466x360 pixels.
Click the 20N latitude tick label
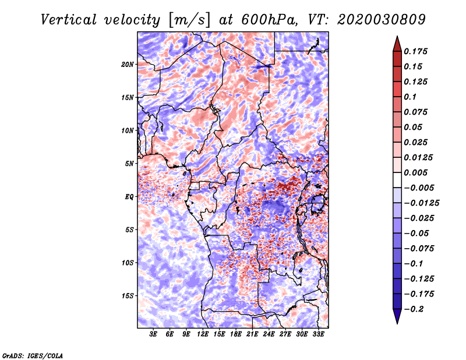(x=128, y=65)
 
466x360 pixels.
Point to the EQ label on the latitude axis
(x=129, y=197)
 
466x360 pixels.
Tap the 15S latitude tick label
(x=128, y=296)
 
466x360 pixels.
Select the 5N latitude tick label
(x=129, y=164)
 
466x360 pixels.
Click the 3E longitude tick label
(x=153, y=334)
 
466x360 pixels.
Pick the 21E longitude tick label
(x=252, y=334)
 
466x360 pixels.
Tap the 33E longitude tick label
(x=318, y=334)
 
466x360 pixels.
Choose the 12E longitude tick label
(x=203, y=334)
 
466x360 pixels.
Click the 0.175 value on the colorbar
(x=415, y=51)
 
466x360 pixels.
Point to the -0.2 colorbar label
(x=414, y=309)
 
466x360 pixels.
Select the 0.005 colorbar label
(x=415, y=172)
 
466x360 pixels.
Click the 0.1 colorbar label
(x=410, y=97)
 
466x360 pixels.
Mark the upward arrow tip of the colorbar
(x=397, y=37)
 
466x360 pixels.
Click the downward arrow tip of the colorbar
(x=397, y=323)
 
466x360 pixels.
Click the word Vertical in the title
(x=69, y=20)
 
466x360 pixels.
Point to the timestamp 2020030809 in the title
(x=382, y=20)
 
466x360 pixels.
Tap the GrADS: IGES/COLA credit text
(x=33, y=356)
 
